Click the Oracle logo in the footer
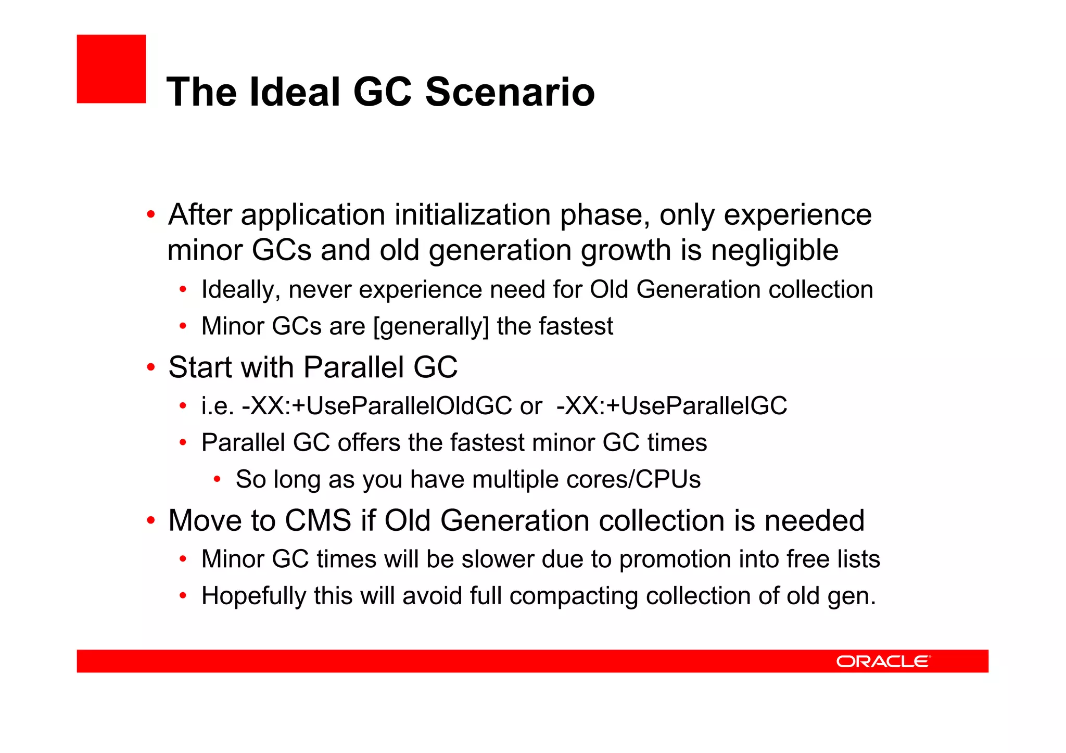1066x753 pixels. point(883,661)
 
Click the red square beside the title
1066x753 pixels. point(111,69)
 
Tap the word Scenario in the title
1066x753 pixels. point(510,92)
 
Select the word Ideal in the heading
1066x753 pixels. point(294,92)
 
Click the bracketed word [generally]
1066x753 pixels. point(432,327)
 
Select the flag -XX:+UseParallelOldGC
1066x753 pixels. point(377,406)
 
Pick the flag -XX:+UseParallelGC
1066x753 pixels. point(671,406)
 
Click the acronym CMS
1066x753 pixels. point(318,520)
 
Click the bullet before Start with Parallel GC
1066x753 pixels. point(150,367)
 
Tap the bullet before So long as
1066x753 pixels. point(217,479)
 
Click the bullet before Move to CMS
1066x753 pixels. point(150,520)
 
